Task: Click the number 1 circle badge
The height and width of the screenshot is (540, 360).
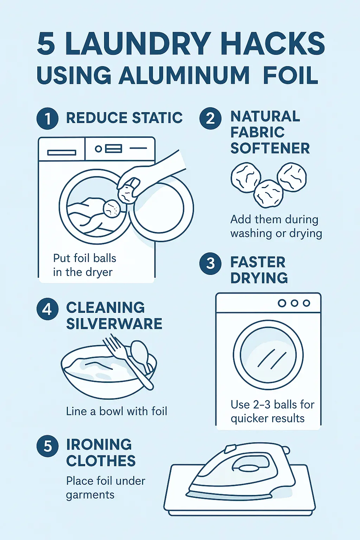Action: (x=47, y=118)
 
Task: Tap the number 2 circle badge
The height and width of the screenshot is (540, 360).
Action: (x=210, y=118)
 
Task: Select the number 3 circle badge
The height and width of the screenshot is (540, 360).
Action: (x=210, y=263)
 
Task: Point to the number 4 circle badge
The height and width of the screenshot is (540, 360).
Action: (x=47, y=309)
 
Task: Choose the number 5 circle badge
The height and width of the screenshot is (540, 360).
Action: (x=47, y=446)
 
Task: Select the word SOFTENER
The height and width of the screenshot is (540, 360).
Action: (x=270, y=148)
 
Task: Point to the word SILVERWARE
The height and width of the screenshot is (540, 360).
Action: (x=114, y=323)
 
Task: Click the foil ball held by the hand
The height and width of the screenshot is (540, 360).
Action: (x=129, y=192)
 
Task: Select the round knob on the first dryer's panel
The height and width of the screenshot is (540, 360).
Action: (x=98, y=149)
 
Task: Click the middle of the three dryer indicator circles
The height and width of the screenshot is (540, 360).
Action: (x=294, y=303)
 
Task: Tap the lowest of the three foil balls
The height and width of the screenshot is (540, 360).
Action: (x=268, y=194)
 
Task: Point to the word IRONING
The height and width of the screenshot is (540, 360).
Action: (x=99, y=444)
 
